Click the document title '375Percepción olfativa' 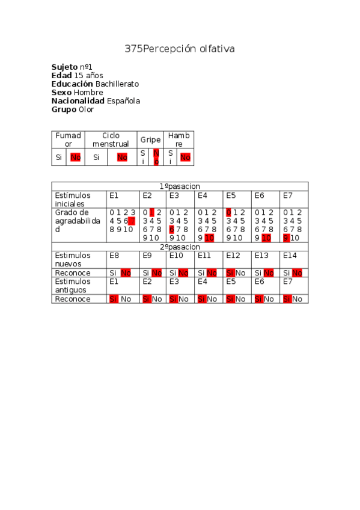tap(180, 49)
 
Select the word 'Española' tap(123, 101)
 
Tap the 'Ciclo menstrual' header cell tap(111, 140)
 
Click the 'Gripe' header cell tap(150, 140)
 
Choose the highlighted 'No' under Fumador tap(75, 158)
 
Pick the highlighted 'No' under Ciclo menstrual tap(122, 158)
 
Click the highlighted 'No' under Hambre tap(185, 158)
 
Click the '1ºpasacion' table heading tap(180, 186)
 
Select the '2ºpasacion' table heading tap(180, 247)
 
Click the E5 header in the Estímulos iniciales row tap(231, 195)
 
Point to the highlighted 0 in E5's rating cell tap(228, 212)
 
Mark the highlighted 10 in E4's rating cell tap(209, 238)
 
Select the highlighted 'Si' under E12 tap(230, 273)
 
